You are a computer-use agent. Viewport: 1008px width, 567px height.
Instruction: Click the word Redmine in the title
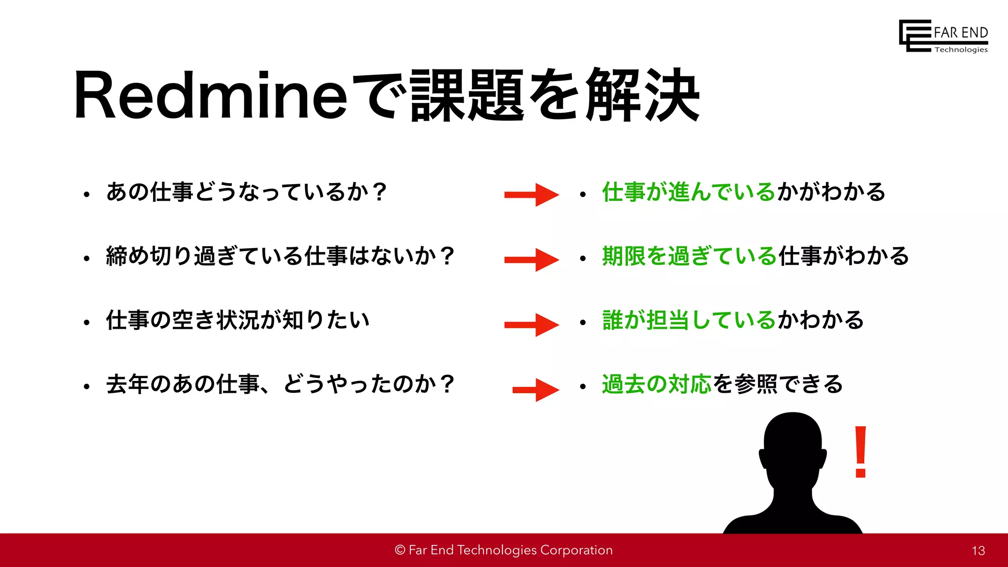[211, 95]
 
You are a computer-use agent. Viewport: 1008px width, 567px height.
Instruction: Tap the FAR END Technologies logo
[944, 36]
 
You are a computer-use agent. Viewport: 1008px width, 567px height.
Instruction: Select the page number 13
[978, 551]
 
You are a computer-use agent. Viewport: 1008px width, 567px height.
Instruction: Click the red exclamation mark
[860, 451]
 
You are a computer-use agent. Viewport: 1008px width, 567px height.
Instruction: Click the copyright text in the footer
[504, 550]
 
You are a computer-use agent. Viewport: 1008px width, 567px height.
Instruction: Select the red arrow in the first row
[532, 195]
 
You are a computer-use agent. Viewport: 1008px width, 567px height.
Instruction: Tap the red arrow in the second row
[532, 259]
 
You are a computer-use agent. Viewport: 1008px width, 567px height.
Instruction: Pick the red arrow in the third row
[532, 324]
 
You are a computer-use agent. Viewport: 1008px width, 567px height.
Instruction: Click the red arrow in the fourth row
[535, 390]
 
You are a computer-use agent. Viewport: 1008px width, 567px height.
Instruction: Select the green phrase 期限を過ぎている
[690, 256]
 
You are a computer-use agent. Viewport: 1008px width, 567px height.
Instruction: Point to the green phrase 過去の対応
[657, 384]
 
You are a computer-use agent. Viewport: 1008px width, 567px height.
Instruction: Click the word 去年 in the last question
[127, 384]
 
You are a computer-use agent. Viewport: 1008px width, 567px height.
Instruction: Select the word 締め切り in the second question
[149, 256]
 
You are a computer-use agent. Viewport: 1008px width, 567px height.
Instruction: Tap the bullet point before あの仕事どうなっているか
[87, 194]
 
